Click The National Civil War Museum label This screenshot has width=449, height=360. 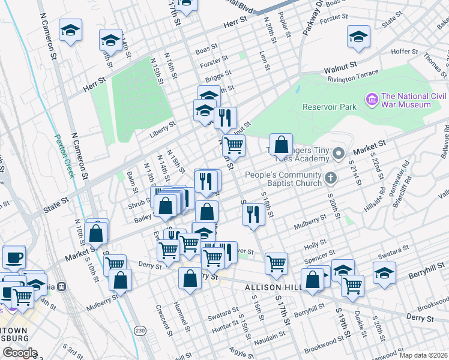point(406,100)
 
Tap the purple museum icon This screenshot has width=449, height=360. point(371,98)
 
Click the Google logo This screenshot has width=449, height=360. point(19,353)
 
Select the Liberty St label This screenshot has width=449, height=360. point(163,126)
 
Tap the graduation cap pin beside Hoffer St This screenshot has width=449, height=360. point(359,37)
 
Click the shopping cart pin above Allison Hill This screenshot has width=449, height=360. point(276,263)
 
